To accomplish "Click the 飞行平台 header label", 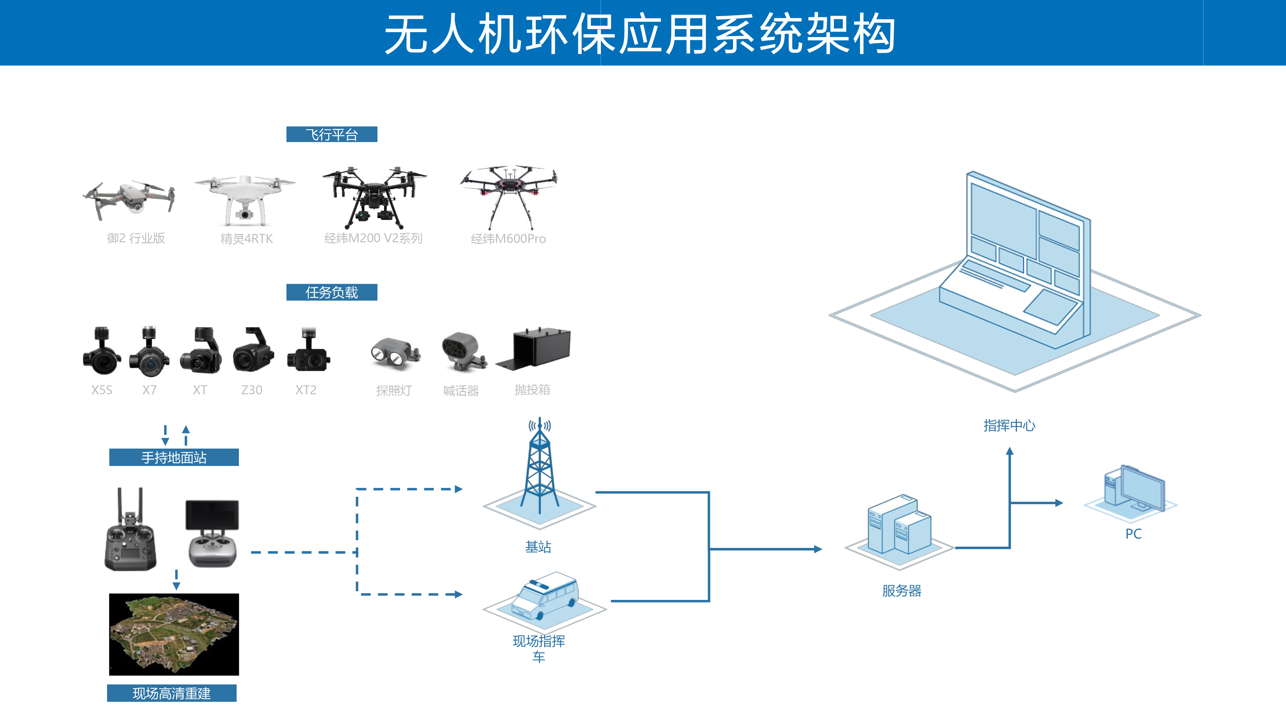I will (331, 134).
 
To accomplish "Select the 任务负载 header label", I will (331, 292).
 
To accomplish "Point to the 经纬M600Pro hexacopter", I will (508, 195).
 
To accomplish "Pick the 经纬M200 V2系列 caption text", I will (373, 238).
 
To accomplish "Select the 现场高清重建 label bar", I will (172, 693).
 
